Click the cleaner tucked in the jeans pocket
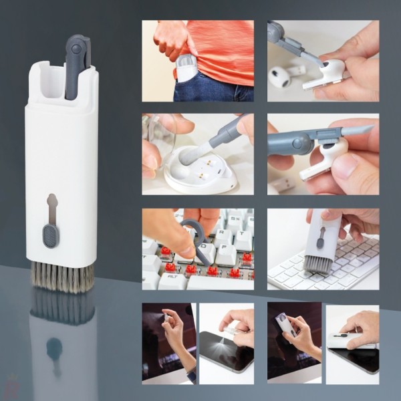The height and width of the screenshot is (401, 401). coord(186,68)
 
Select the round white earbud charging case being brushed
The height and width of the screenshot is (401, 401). coord(200,175)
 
